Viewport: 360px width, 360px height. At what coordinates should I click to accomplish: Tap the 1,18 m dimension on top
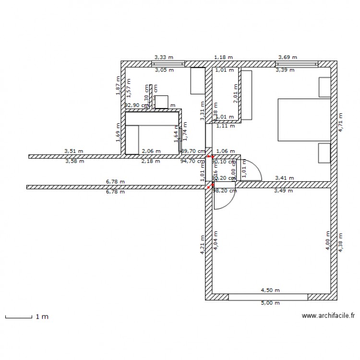(x=223, y=57)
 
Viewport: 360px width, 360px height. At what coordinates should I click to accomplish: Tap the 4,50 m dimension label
(x=270, y=290)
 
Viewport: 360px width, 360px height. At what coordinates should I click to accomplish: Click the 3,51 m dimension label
(x=74, y=151)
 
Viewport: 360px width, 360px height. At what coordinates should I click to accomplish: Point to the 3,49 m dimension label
(x=283, y=191)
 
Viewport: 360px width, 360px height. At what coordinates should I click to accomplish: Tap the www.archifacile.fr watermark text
(x=328, y=316)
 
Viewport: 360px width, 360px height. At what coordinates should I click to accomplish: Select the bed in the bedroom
(x=304, y=120)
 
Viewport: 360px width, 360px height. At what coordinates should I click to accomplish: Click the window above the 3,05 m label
(x=168, y=63)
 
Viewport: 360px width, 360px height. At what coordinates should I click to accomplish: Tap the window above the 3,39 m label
(x=297, y=63)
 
